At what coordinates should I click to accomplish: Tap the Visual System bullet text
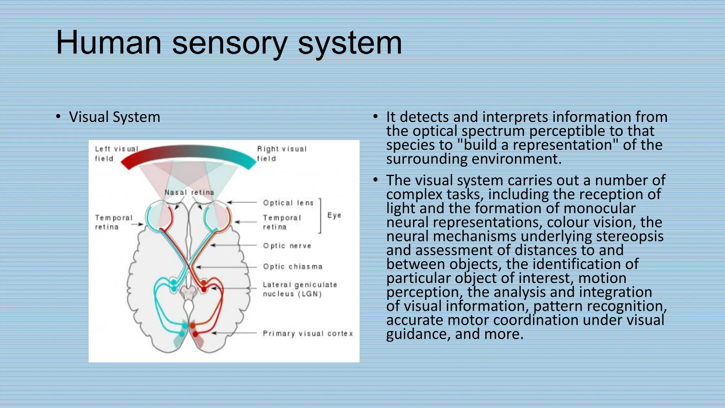(x=114, y=117)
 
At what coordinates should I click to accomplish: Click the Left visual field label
(x=116, y=154)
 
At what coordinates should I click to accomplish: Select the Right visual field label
(x=281, y=154)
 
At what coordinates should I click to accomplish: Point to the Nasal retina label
(x=189, y=193)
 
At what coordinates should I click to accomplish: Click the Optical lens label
(x=288, y=203)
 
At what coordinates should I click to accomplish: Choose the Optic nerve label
(x=287, y=246)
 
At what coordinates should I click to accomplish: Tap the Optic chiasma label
(x=292, y=267)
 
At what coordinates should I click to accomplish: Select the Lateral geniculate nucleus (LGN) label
(x=299, y=289)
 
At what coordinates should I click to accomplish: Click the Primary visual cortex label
(x=308, y=334)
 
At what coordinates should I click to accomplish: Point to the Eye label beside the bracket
(x=334, y=215)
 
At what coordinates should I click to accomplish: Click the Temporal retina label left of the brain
(x=113, y=222)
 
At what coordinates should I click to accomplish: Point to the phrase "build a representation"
(x=538, y=145)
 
